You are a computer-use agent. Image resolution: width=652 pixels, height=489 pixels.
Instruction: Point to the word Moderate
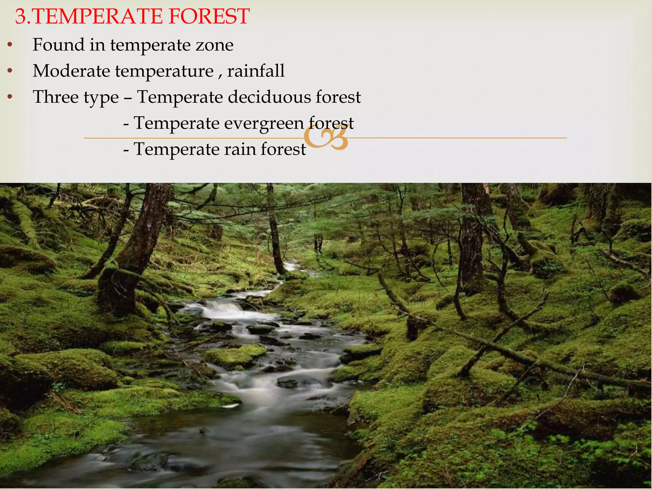click(x=71, y=71)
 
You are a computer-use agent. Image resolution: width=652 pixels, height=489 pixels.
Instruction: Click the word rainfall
click(x=256, y=71)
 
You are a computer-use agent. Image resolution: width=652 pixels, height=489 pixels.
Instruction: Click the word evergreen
click(x=264, y=124)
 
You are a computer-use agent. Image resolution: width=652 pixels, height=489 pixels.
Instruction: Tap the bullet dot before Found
click(x=10, y=45)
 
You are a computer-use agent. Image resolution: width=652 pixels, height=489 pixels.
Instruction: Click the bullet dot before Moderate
click(x=10, y=71)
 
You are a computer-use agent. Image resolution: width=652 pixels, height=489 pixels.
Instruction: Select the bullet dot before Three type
click(x=10, y=97)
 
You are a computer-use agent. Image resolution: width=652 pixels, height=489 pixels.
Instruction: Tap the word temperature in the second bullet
click(x=164, y=71)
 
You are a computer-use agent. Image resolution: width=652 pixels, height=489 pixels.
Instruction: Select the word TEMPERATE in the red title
click(x=97, y=17)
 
